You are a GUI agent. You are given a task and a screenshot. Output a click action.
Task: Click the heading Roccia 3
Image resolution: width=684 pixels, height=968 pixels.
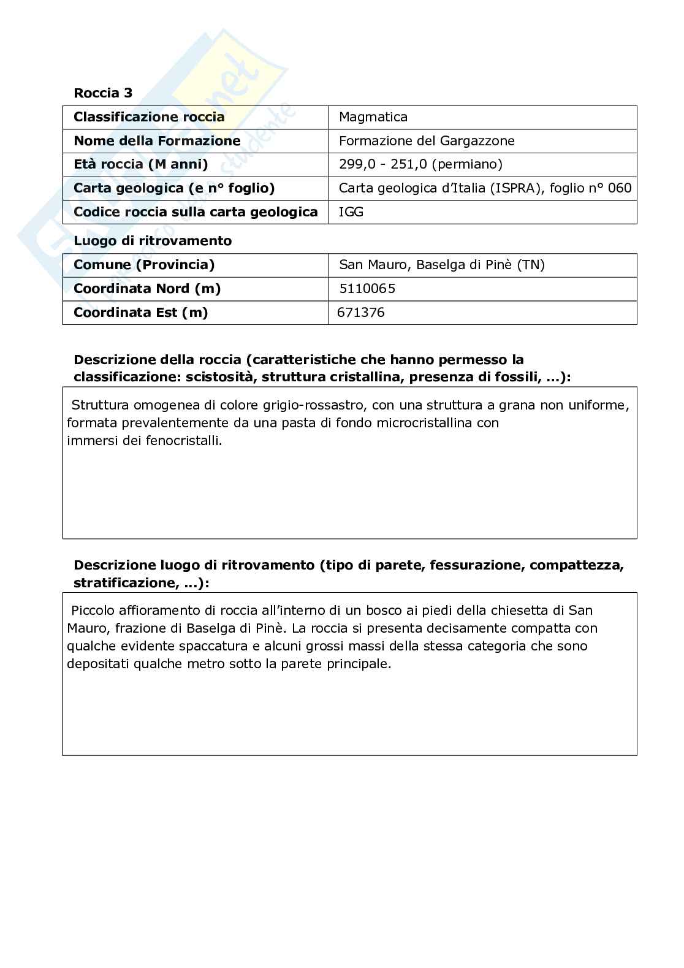pyautogui.click(x=103, y=93)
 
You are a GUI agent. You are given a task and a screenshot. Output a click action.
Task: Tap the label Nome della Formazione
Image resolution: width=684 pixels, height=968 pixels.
pyautogui.click(x=157, y=141)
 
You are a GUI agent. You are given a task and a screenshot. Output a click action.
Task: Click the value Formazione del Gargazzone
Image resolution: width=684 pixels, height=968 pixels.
pyautogui.click(x=427, y=141)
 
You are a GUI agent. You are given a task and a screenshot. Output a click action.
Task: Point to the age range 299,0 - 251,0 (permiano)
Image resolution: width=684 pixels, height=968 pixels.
pyautogui.click(x=420, y=164)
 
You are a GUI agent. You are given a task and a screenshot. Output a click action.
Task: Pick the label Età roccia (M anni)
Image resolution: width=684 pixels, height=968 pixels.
pyautogui.click(x=141, y=164)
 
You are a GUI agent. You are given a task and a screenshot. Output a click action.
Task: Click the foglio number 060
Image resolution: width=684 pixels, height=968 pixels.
pyautogui.click(x=620, y=188)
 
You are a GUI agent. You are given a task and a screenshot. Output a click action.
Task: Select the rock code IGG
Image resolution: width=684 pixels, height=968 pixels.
pyautogui.click(x=351, y=212)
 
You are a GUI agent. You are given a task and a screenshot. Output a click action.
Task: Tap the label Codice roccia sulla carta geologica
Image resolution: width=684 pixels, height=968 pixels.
pyautogui.click(x=196, y=212)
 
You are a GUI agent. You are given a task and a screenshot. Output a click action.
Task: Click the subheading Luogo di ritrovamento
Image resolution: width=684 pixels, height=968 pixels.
pyautogui.click(x=153, y=241)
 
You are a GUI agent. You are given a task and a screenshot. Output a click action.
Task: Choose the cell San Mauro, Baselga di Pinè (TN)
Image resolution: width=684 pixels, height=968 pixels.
pyautogui.click(x=442, y=265)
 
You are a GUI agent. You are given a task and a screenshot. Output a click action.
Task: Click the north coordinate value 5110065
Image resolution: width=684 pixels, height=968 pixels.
pyautogui.click(x=367, y=289)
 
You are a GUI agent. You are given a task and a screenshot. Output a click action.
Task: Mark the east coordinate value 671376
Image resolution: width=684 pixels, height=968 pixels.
pyautogui.click(x=361, y=313)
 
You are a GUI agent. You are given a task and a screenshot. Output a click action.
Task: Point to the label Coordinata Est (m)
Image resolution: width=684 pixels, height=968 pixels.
pyautogui.click(x=141, y=313)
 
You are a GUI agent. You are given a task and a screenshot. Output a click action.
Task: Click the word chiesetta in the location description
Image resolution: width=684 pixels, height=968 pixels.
pyautogui.click(x=521, y=611)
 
